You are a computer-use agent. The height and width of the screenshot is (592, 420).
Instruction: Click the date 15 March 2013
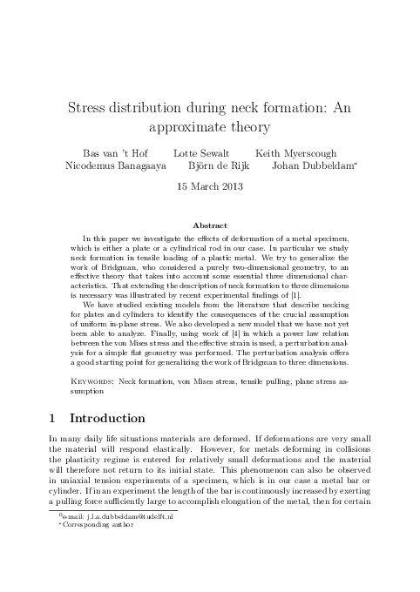pyautogui.click(x=210, y=186)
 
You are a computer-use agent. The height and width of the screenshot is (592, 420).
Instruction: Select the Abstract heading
pyautogui.click(x=210, y=225)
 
